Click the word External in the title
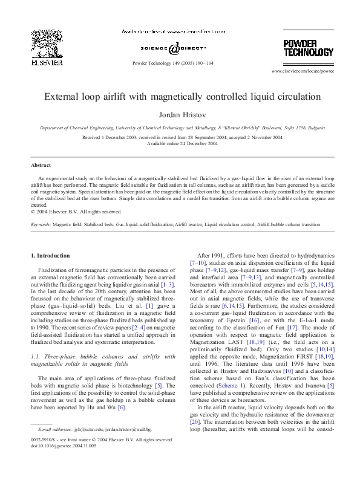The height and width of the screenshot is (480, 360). [64, 96]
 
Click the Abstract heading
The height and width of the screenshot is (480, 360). [41, 164]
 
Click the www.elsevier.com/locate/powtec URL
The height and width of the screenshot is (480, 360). [302, 71]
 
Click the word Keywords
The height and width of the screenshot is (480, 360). [41, 224]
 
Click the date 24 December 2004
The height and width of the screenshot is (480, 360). [192, 144]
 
